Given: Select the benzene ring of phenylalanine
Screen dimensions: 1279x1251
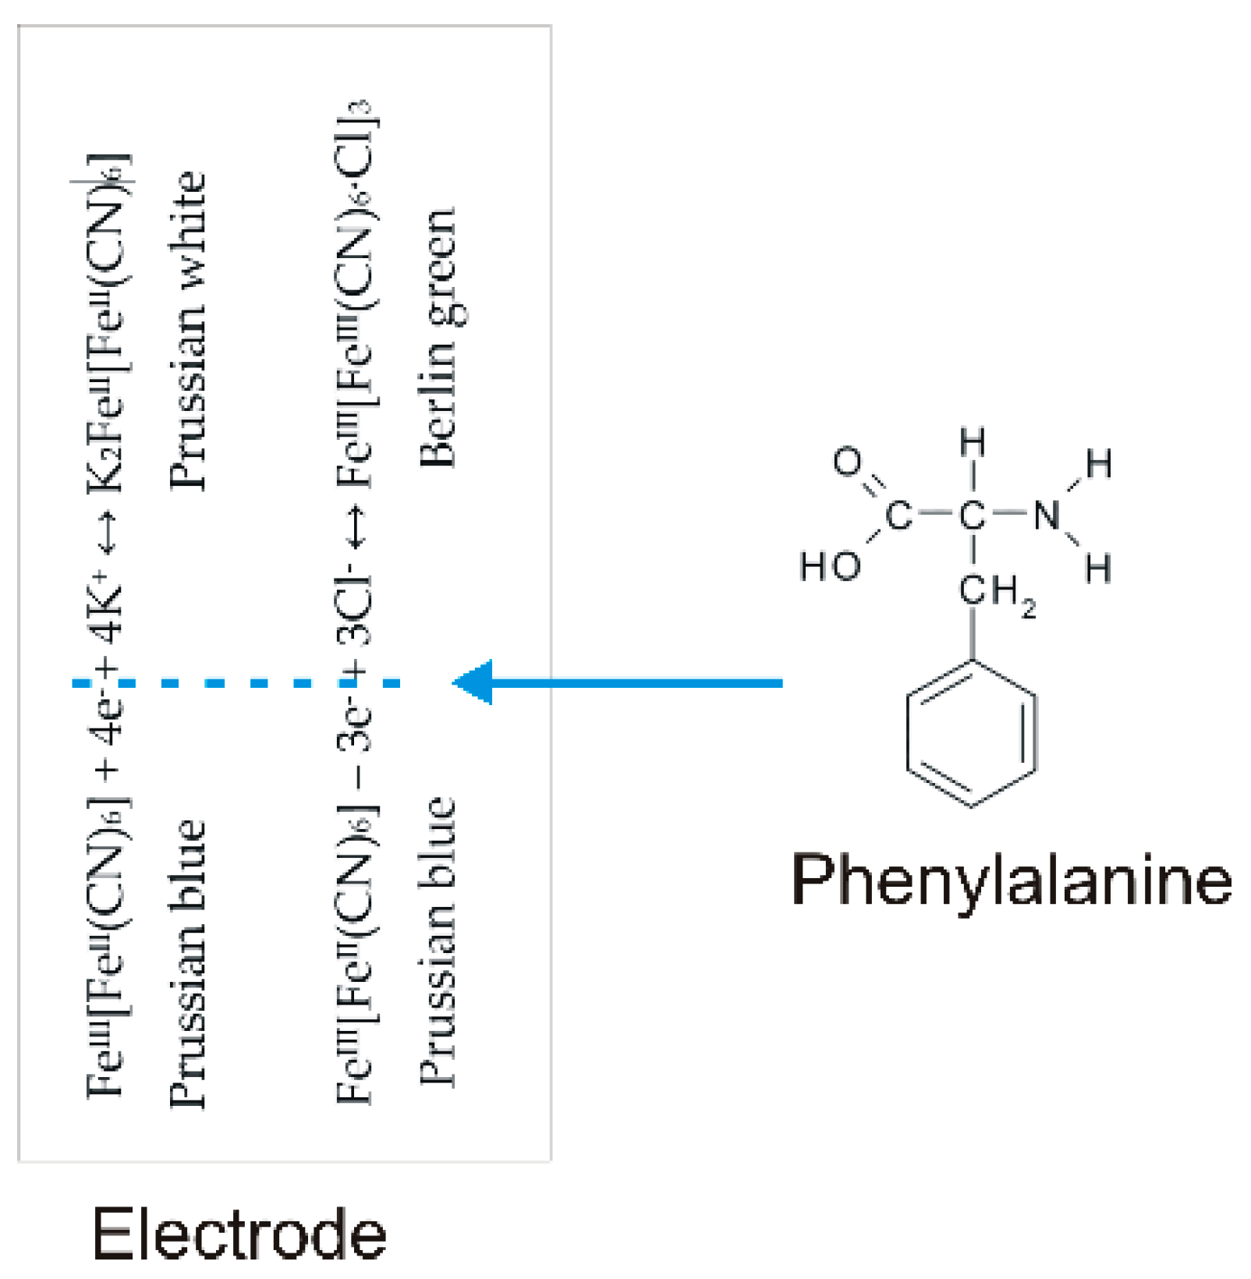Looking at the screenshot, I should pyautogui.click(x=972, y=734).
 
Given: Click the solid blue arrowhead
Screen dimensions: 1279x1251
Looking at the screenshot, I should pyautogui.click(x=473, y=682).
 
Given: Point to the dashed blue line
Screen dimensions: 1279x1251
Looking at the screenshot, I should pyautogui.click(x=234, y=683).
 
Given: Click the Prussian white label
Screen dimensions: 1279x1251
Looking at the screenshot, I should pyautogui.click(x=188, y=331).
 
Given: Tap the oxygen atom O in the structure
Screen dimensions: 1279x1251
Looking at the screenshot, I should pyautogui.click(x=847, y=462).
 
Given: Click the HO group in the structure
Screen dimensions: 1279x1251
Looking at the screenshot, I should pyautogui.click(x=830, y=565).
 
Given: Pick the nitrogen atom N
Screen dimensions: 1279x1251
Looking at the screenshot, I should pyautogui.click(x=1047, y=515).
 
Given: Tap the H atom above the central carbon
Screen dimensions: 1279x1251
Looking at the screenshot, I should pyautogui.click(x=972, y=442).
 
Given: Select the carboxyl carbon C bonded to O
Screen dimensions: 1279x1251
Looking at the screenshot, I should pyautogui.click(x=898, y=515).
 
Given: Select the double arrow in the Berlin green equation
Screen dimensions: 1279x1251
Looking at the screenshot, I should pyautogui.click(x=355, y=527).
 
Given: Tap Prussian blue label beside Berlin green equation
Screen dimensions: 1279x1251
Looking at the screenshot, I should pyautogui.click(x=437, y=940).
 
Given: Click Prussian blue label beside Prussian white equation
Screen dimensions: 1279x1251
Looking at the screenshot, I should pyautogui.click(x=188, y=963).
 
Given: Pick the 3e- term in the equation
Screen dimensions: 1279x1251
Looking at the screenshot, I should pyautogui.click(x=355, y=725).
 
